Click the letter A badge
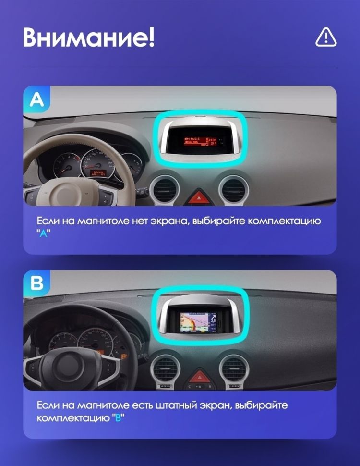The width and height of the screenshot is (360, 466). coord(36,99)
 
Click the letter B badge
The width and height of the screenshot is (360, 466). coord(36,283)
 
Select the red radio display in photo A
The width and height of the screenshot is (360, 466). coord(199,140)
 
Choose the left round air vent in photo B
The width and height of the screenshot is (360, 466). coord(166,370)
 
